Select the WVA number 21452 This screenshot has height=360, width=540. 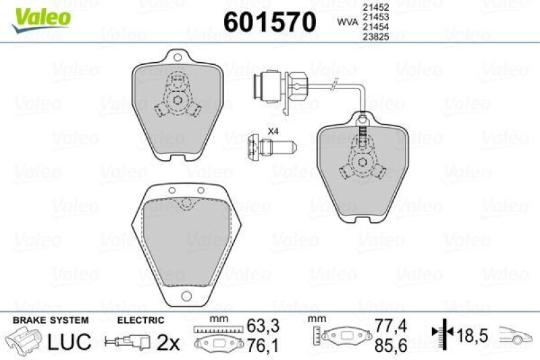[x=375, y=7]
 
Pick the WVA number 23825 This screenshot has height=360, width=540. [x=375, y=37]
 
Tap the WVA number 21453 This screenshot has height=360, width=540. [x=375, y=18]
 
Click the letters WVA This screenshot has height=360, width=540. [x=347, y=22]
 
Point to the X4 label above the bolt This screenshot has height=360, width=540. [x=273, y=130]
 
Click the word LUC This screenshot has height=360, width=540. [x=70, y=342]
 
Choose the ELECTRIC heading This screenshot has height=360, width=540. [x=140, y=319]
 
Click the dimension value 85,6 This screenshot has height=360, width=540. [x=390, y=346]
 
